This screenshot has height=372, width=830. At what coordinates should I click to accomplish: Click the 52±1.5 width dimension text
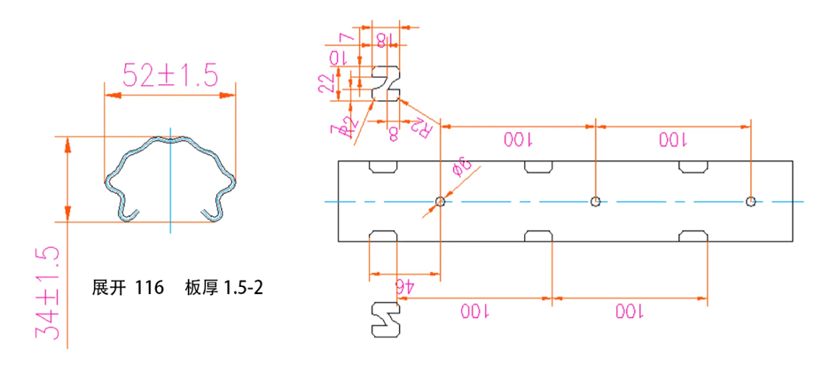pyautogui.click(x=170, y=75)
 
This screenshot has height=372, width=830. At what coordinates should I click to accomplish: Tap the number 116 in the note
pyautogui.click(x=150, y=288)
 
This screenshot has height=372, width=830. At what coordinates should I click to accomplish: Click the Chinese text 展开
pyautogui.click(x=109, y=288)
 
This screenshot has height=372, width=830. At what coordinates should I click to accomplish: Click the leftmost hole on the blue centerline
pyautogui.click(x=441, y=202)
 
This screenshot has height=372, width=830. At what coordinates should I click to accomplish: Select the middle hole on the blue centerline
pyautogui.click(x=596, y=202)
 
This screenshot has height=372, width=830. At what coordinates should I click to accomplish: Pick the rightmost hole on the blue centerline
pyautogui.click(x=751, y=202)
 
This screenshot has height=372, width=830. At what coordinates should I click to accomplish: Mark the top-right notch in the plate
pyautogui.click(x=694, y=167)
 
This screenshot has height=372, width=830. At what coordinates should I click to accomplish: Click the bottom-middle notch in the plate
pyautogui.click(x=540, y=236)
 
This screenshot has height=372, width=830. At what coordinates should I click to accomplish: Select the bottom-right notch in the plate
pyautogui.click(x=694, y=236)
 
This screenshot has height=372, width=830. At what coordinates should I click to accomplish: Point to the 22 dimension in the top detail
pyautogui.click(x=326, y=83)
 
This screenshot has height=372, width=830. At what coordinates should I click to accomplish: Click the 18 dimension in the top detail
pyautogui.click(x=382, y=39)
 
